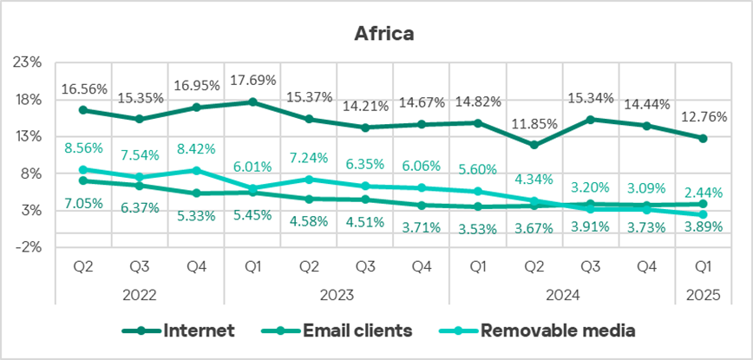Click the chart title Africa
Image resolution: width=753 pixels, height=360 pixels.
point(383,34)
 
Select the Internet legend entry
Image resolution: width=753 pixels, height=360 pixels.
point(199,330)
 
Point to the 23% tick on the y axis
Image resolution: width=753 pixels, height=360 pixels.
point(29,63)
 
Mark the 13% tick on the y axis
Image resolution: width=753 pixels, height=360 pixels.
point(29,137)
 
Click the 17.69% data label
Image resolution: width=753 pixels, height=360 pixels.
point(252,81)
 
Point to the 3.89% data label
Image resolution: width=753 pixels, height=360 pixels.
point(703,227)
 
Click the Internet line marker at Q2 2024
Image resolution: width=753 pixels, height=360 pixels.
point(534,145)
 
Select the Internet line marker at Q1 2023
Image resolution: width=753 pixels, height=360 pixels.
point(252,101)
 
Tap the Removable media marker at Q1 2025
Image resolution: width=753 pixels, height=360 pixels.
point(703,214)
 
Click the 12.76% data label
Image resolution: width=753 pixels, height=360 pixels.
point(703,115)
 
